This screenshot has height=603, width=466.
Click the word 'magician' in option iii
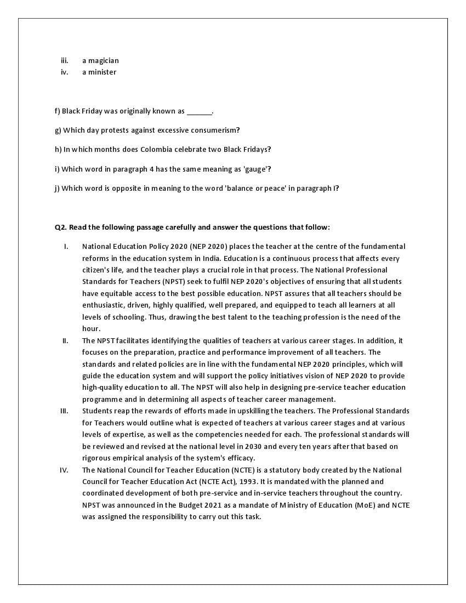tap(104, 60)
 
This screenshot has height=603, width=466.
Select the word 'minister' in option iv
tap(102, 72)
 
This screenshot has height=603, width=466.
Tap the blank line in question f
tap(199, 112)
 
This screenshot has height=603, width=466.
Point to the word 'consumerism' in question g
tap(214, 130)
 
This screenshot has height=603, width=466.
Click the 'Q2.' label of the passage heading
tap(60, 227)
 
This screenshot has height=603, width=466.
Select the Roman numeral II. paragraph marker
tap(65, 340)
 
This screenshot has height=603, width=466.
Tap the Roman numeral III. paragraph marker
tap(64, 411)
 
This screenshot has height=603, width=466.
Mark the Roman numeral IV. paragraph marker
tap(64, 470)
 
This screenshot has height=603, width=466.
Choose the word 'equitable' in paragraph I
tap(117, 293)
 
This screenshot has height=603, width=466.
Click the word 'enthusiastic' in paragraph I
tap(102, 305)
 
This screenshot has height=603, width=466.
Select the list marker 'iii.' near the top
tap(65, 60)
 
